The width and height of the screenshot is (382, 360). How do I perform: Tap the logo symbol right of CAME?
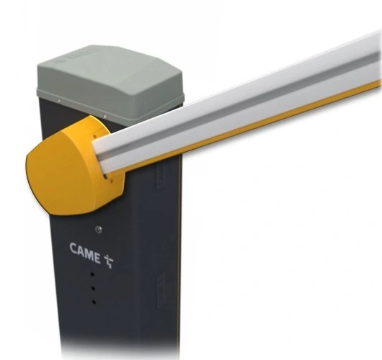(108, 260)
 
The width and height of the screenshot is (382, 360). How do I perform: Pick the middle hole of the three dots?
(94, 288)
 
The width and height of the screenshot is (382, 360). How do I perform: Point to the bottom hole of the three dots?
(94, 301)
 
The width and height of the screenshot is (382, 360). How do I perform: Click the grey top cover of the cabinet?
(108, 79)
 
